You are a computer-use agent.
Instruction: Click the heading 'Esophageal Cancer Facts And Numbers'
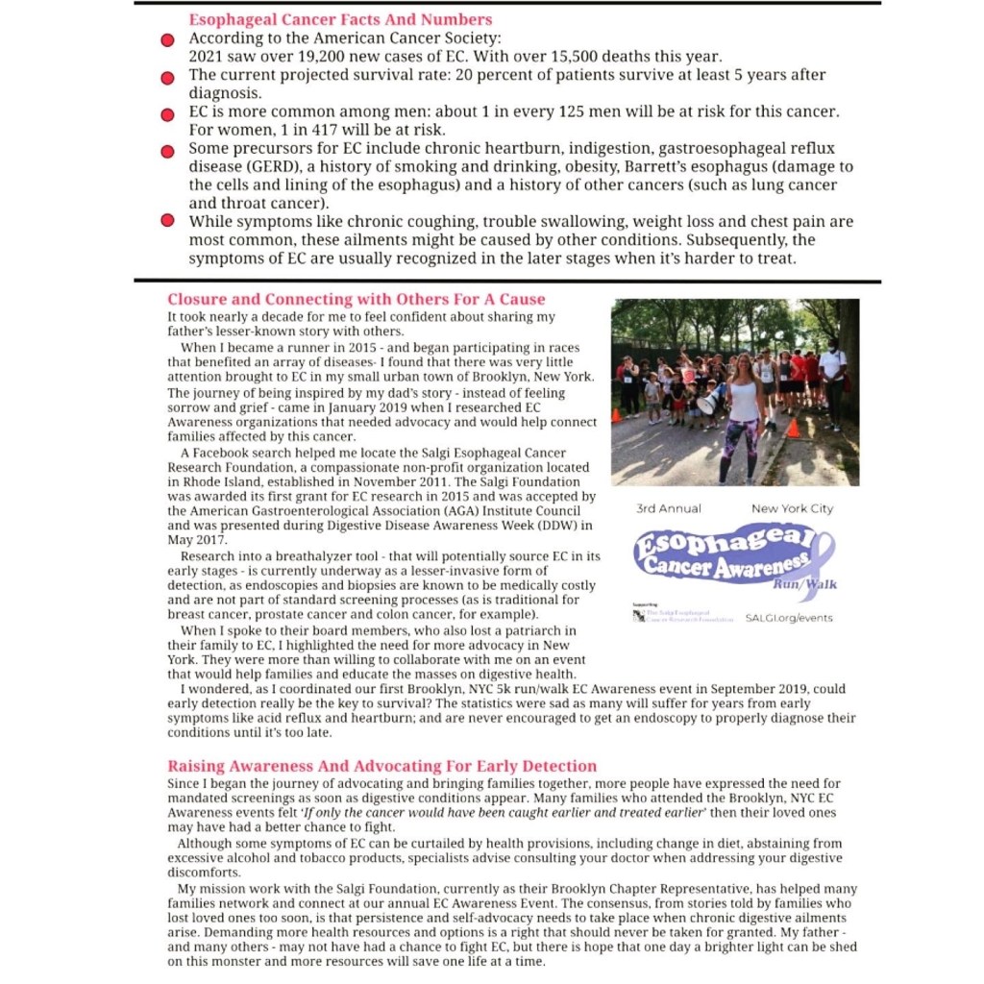click(x=340, y=19)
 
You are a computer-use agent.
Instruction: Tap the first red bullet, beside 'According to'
click(x=167, y=40)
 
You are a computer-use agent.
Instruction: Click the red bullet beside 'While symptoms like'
click(x=167, y=221)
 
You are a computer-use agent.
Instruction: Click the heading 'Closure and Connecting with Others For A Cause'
click(x=356, y=299)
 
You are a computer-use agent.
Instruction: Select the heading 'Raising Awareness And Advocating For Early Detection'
click(x=381, y=766)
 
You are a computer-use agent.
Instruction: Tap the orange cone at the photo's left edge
click(x=616, y=415)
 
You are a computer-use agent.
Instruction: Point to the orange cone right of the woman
click(x=793, y=427)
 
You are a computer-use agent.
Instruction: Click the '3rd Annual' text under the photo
click(x=669, y=508)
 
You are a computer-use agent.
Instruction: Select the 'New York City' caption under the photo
click(x=792, y=508)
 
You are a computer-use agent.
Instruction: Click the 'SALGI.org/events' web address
click(x=790, y=618)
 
